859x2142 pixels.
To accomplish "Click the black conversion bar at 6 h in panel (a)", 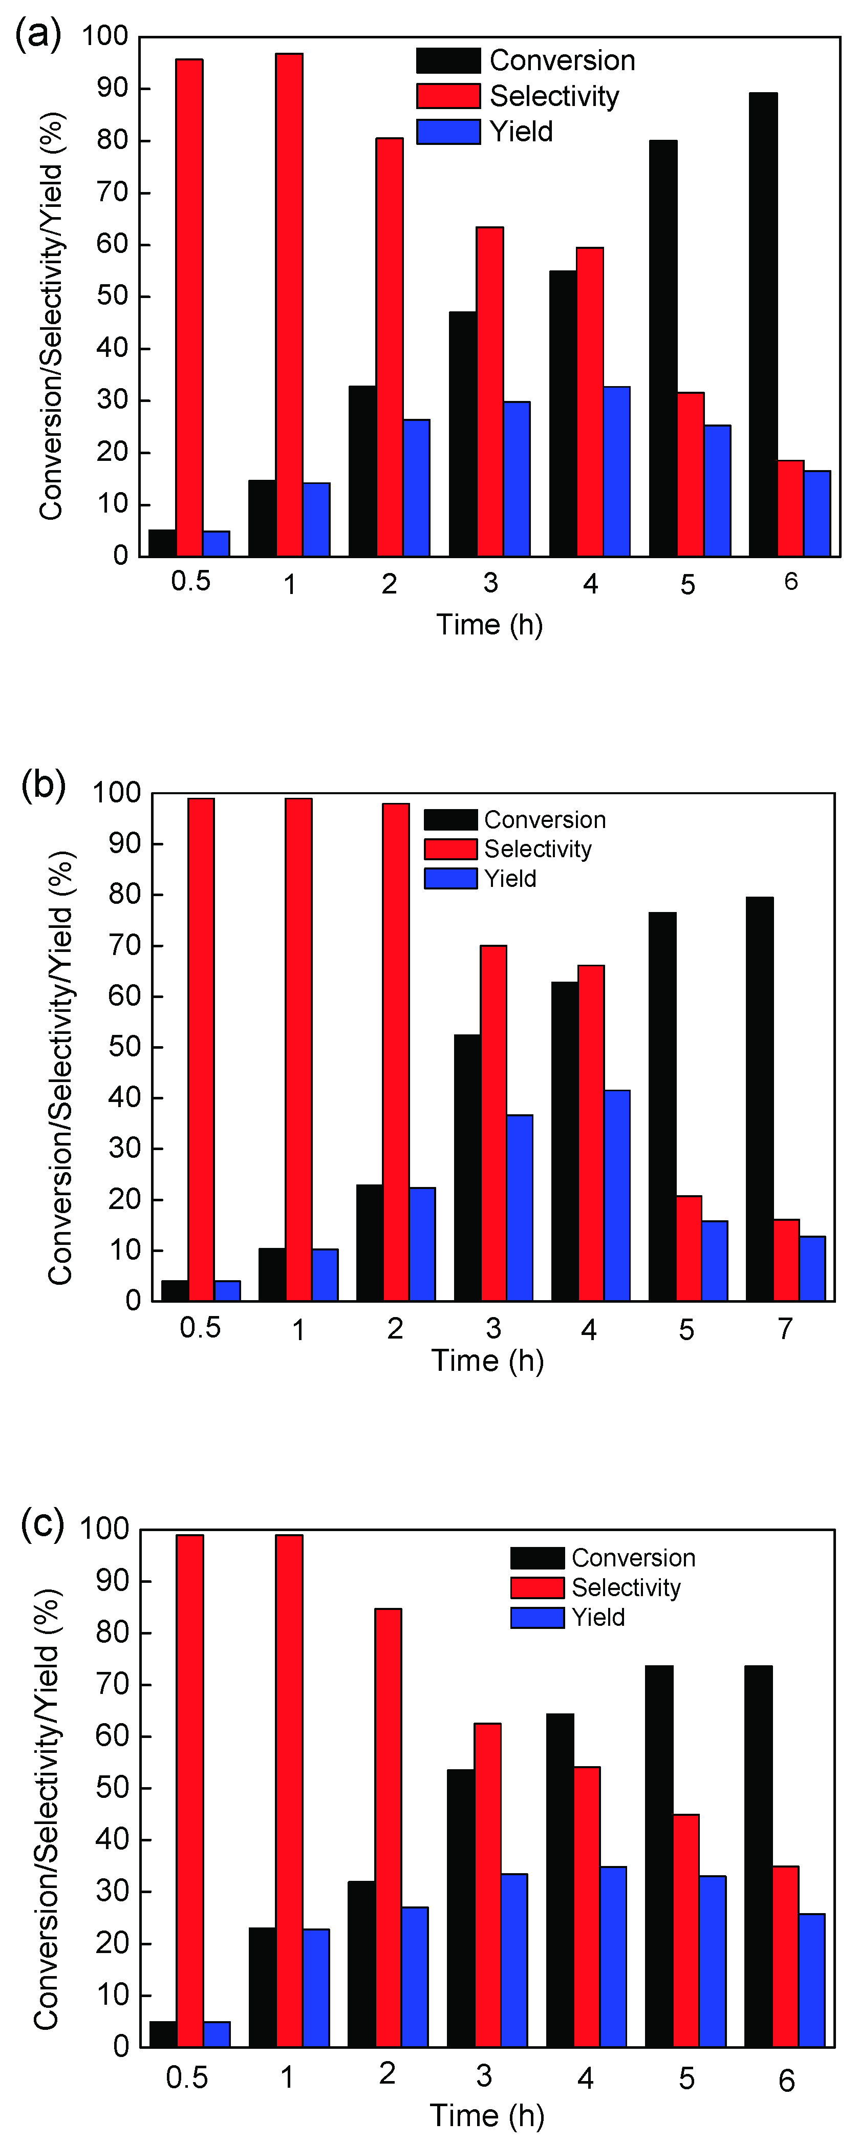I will tap(763, 324).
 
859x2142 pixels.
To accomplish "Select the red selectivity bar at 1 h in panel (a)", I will tap(289, 304).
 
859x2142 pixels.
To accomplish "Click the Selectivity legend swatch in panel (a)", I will tap(448, 96).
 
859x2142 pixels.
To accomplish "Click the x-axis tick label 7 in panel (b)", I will tap(785, 1329).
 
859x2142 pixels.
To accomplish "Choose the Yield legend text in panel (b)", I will tap(510, 879).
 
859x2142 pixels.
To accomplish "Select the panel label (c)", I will tap(41, 1523).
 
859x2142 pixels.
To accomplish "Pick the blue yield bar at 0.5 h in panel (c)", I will tap(216, 2034).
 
